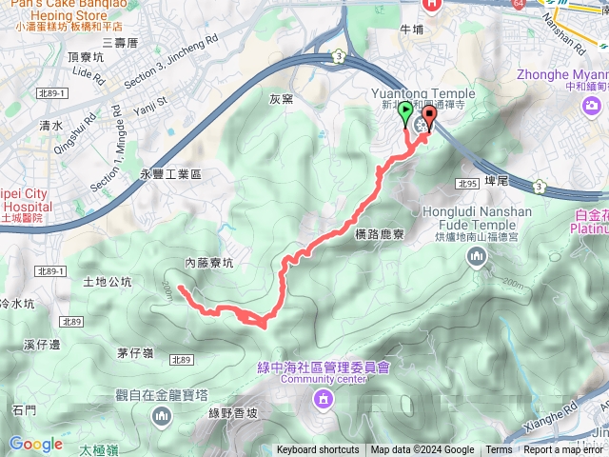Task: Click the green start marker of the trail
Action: click(x=407, y=114)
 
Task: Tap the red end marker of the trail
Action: click(x=427, y=118)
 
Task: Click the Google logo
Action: click(x=36, y=444)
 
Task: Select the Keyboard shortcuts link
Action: click(x=318, y=450)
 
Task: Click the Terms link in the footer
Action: click(x=499, y=450)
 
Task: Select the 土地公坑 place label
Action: click(x=108, y=282)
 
